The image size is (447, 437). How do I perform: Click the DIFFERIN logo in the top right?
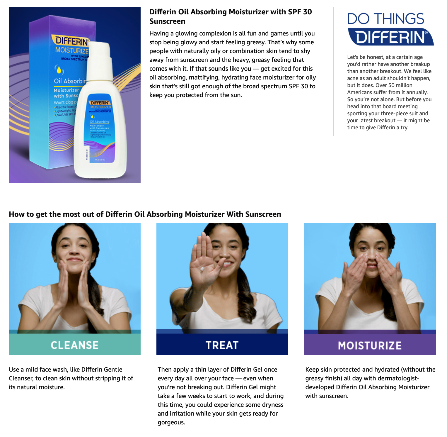390,37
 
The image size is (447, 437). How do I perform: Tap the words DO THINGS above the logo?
385,19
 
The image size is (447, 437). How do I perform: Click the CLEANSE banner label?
74,345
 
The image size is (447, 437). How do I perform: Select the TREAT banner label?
222,345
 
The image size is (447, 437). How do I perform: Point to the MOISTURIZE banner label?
370,345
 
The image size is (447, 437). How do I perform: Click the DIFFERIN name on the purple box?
72,40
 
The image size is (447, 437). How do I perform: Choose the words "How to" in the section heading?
17,214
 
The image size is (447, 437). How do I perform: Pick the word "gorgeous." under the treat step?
171,422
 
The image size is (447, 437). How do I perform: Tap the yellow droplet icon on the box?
59,70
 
